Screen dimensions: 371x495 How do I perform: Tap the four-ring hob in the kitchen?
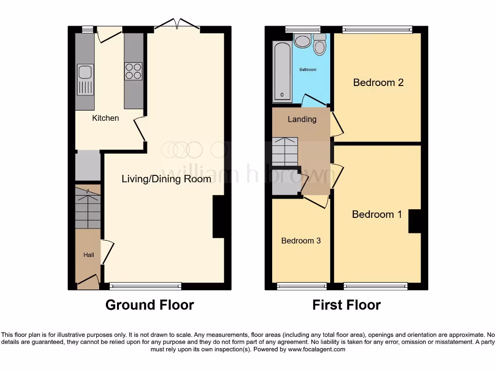point(134,71)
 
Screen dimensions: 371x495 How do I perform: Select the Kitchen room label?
point(105,118)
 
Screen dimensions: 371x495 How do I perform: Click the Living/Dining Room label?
point(166,179)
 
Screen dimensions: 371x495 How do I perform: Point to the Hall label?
point(88,255)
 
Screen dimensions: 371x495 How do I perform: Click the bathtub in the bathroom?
point(282,71)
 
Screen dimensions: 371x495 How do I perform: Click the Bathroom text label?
point(308,70)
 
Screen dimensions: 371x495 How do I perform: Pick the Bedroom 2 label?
point(378,83)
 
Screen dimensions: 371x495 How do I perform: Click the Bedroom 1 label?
point(377,214)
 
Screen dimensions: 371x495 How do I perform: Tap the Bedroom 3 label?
point(301,241)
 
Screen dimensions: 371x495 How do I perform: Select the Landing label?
point(302,119)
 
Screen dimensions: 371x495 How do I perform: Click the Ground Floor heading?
point(150,305)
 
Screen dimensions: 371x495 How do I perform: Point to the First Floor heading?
point(347,305)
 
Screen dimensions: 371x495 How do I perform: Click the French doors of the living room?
point(177,24)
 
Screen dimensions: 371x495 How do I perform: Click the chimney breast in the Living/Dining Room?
point(218,216)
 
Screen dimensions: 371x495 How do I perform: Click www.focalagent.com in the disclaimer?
point(317,349)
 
